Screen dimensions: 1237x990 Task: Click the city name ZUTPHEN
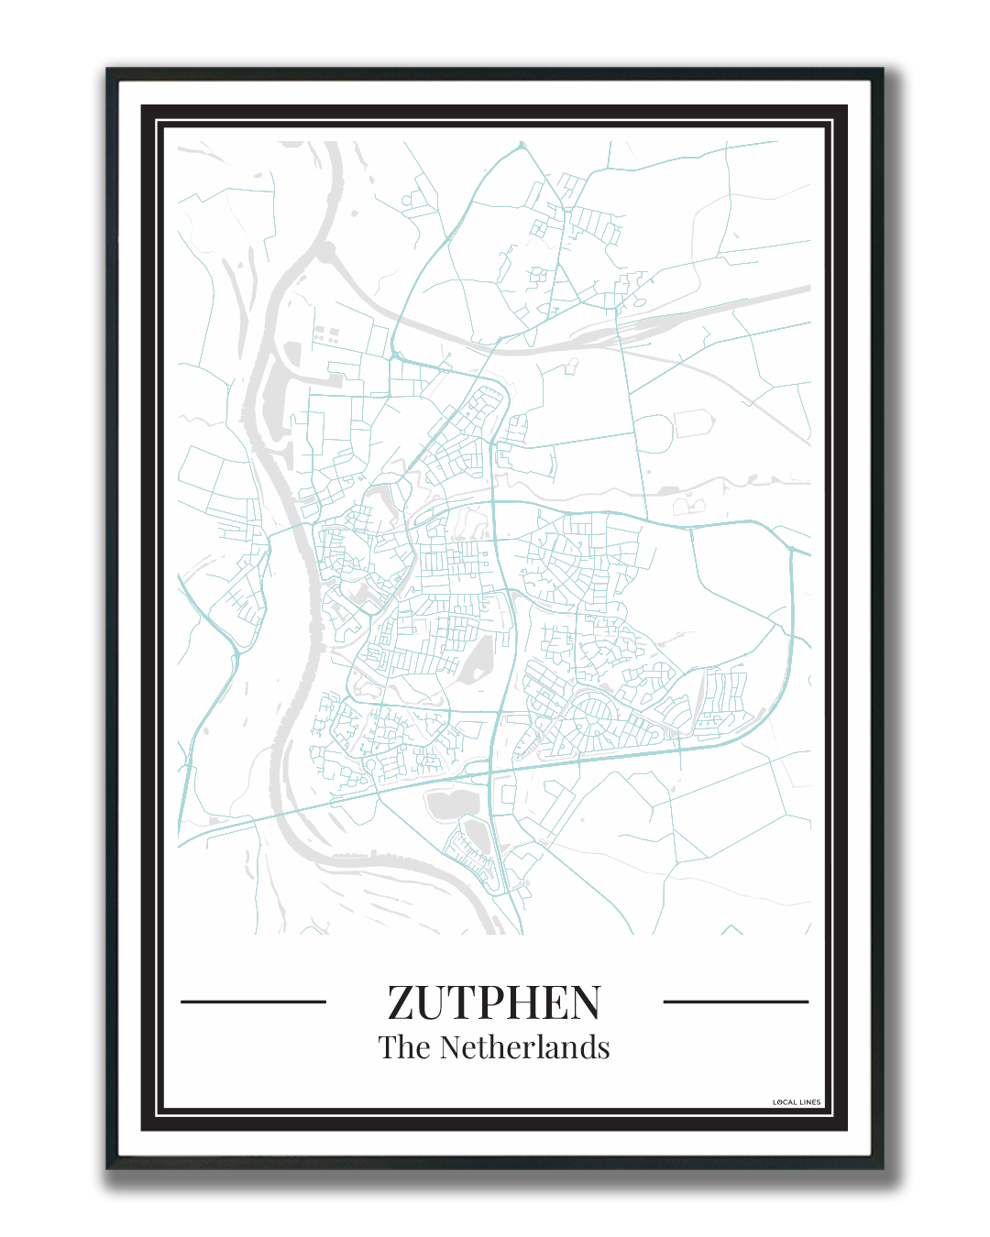coord(494,1002)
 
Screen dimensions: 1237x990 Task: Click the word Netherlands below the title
coord(525,1047)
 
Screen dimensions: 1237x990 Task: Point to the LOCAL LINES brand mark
coord(797,1102)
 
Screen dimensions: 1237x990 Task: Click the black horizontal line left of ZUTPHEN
coord(254,1002)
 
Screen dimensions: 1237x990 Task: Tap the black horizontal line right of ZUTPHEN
coord(735,1002)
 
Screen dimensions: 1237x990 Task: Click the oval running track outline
coord(653,433)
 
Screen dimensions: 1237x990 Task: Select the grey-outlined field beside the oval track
coord(694,423)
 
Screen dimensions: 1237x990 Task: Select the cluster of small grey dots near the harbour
coord(325,334)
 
